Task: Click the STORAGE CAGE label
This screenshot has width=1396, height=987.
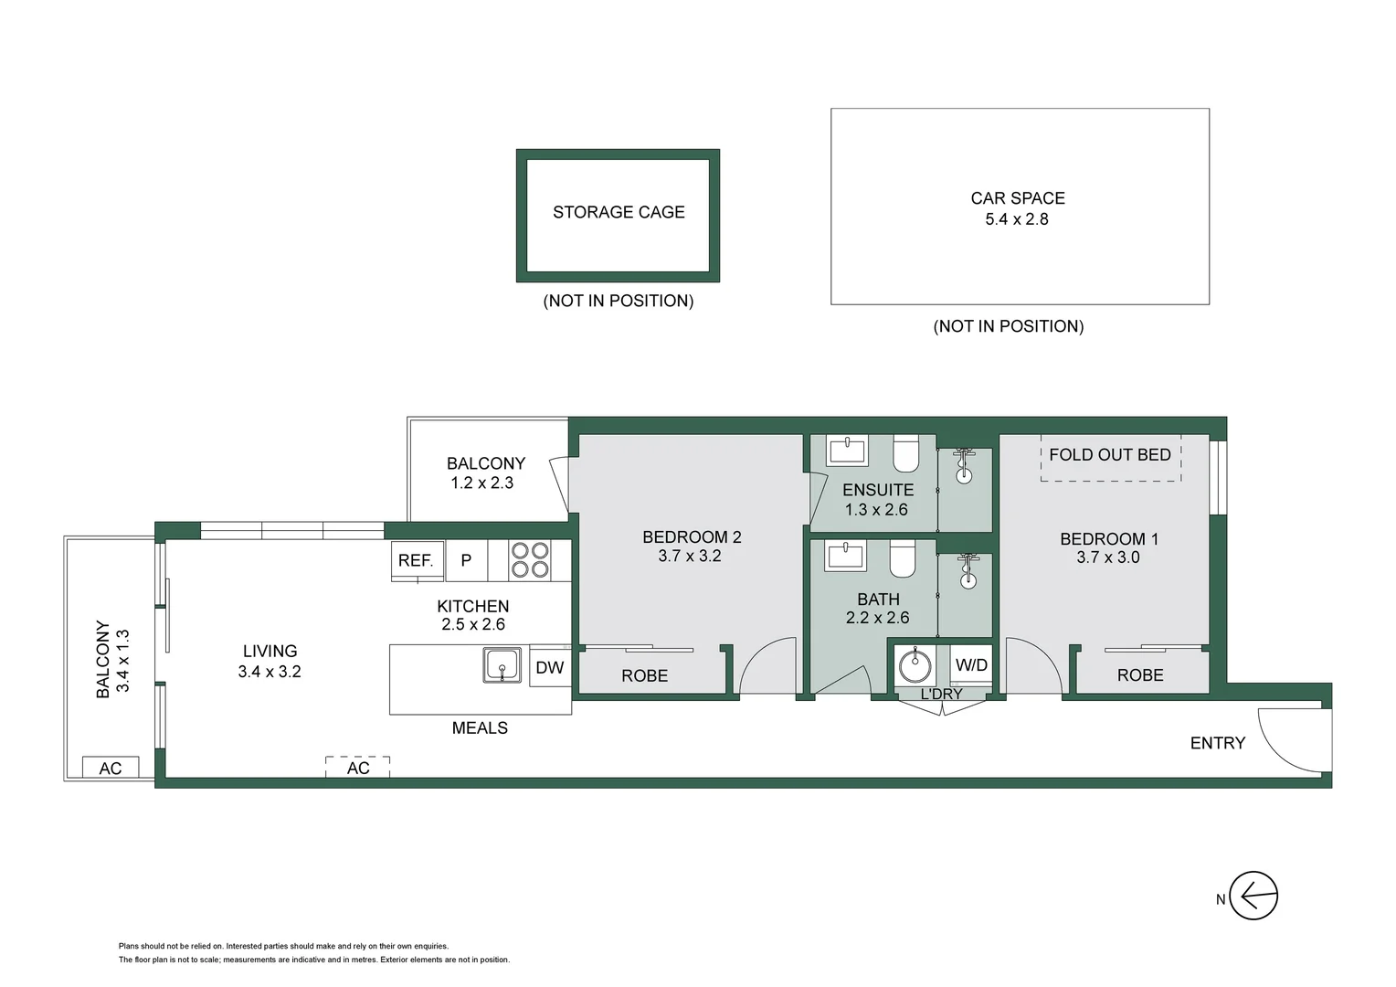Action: pyautogui.click(x=619, y=212)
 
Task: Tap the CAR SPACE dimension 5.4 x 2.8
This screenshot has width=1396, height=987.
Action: pyautogui.click(x=1016, y=219)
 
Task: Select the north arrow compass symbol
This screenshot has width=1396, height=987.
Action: pyautogui.click(x=1253, y=896)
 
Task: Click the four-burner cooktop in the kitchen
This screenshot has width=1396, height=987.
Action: pyautogui.click(x=530, y=560)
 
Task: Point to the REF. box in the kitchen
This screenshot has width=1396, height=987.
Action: pyautogui.click(x=417, y=560)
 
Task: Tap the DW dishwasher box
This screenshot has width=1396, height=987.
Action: pyautogui.click(x=550, y=668)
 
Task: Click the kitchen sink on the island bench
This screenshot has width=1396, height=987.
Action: pyautogui.click(x=502, y=665)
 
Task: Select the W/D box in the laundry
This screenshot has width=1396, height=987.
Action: pyautogui.click(x=971, y=665)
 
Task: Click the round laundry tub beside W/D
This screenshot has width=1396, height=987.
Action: pyautogui.click(x=915, y=666)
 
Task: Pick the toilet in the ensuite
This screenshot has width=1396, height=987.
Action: pyautogui.click(x=905, y=455)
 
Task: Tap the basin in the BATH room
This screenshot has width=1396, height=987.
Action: pyautogui.click(x=846, y=556)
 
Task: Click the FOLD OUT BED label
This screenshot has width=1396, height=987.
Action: pyautogui.click(x=1110, y=455)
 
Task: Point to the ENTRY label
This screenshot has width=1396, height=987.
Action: pyautogui.click(x=1217, y=743)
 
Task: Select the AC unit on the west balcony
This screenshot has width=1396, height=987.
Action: pyautogui.click(x=111, y=768)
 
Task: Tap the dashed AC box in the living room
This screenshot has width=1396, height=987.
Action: pyautogui.click(x=358, y=768)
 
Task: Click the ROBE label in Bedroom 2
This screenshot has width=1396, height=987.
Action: pyautogui.click(x=644, y=676)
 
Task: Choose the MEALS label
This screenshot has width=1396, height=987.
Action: pyautogui.click(x=480, y=728)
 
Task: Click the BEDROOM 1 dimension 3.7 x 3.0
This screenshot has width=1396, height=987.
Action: pyautogui.click(x=1108, y=557)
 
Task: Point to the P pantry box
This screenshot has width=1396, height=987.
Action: pyautogui.click(x=466, y=560)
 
